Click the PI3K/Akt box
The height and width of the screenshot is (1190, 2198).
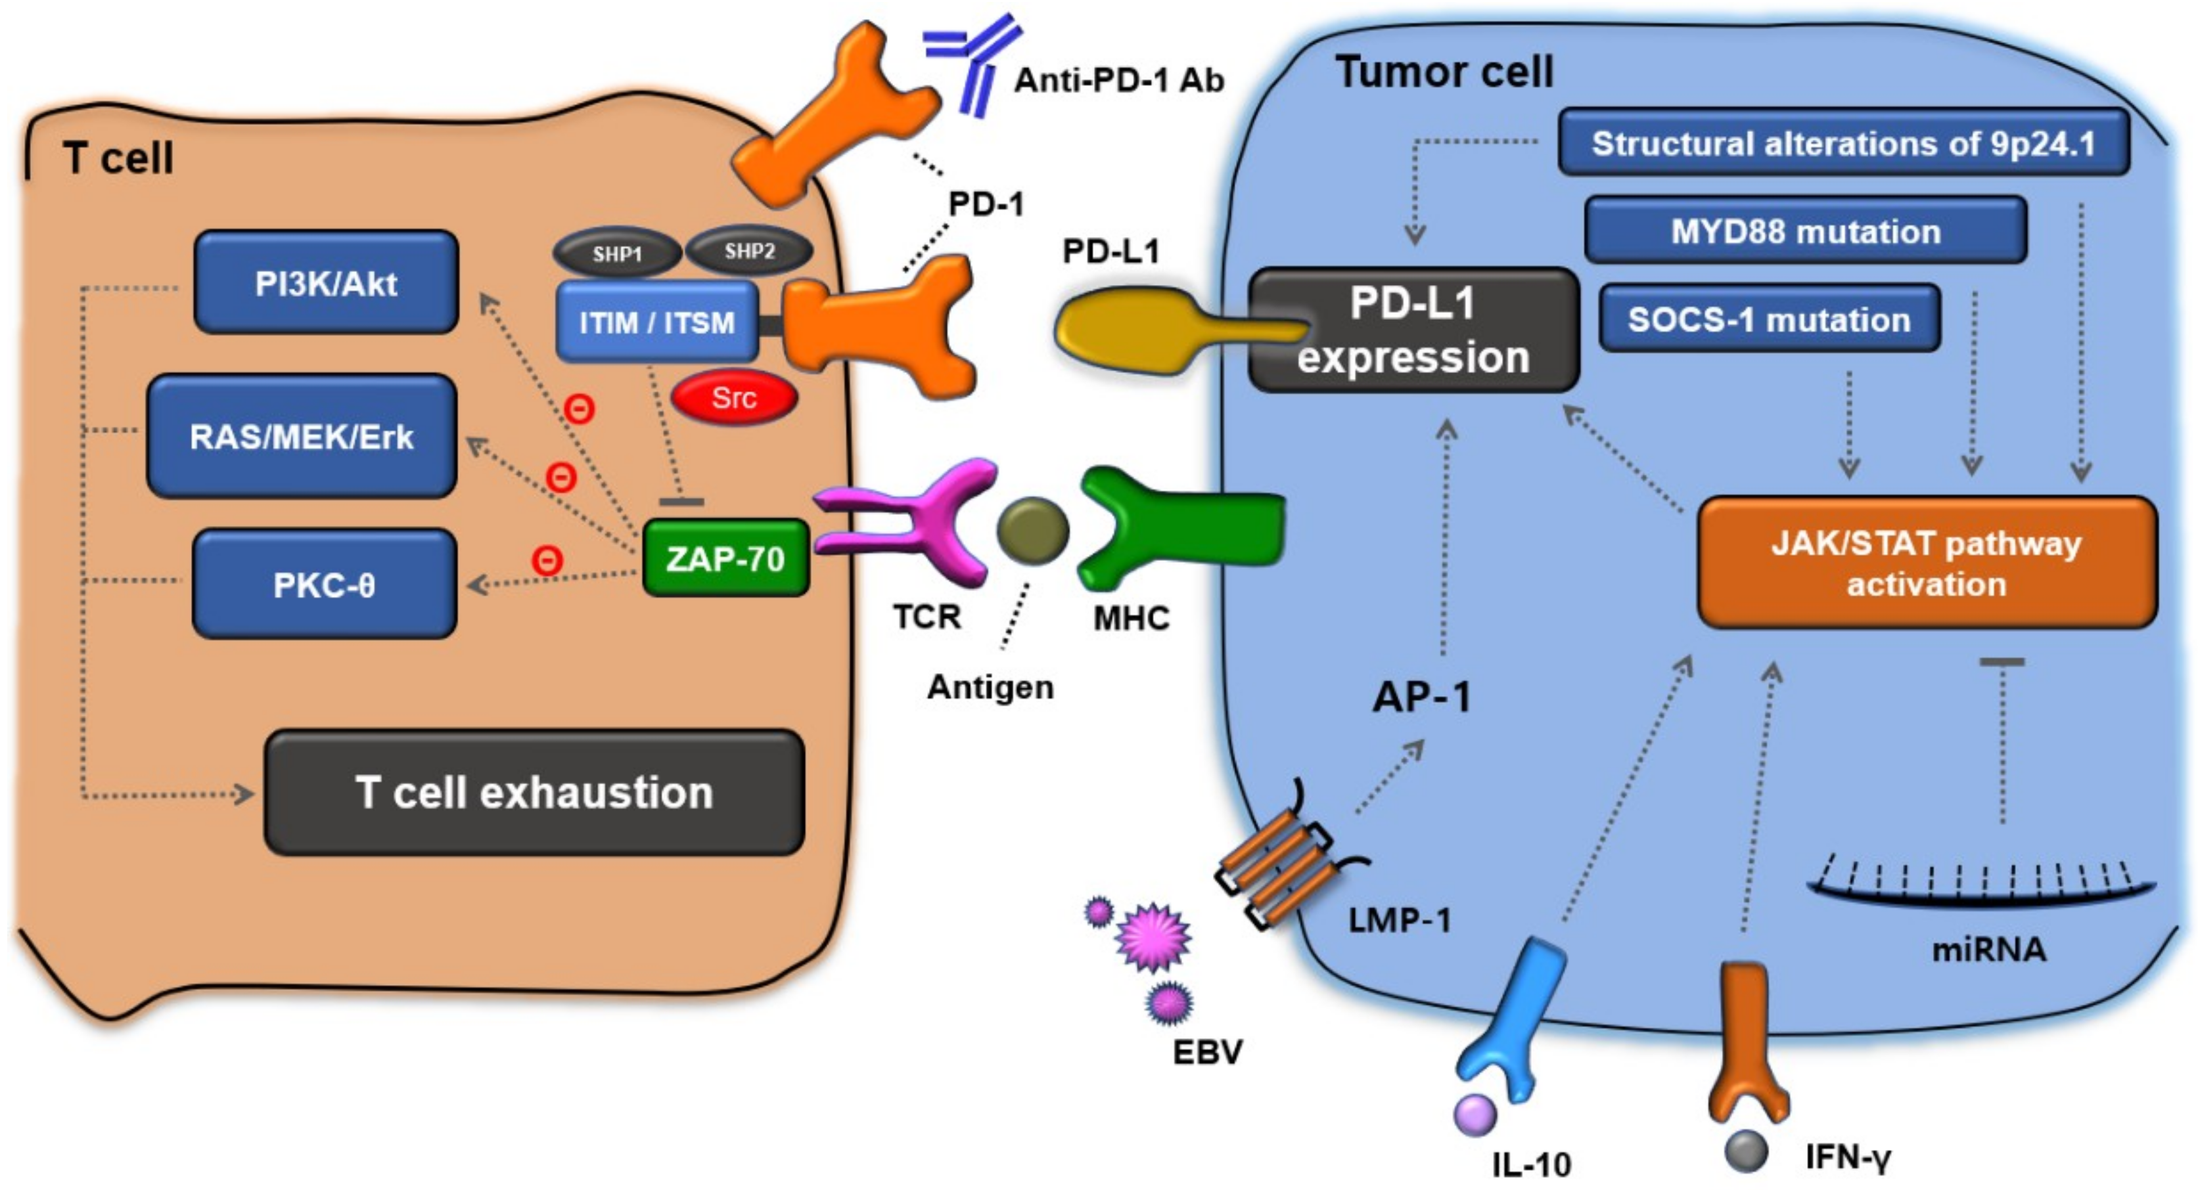tap(326, 282)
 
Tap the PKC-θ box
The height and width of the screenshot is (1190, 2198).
tap(324, 583)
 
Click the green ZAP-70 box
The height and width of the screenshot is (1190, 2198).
tap(725, 558)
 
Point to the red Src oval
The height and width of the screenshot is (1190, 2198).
tap(734, 397)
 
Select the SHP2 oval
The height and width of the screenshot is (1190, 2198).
tap(749, 251)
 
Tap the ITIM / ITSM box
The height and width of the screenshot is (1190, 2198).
tap(657, 322)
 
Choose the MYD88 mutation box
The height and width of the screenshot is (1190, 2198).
tap(1806, 231)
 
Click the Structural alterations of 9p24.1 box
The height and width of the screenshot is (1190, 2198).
tap(1844, 143)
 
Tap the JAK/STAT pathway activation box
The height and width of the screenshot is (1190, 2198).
tap(1927, 563)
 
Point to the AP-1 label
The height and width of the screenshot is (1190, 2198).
tap(1421, 697)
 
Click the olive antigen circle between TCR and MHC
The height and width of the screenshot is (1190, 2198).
tap(1032, 531)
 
